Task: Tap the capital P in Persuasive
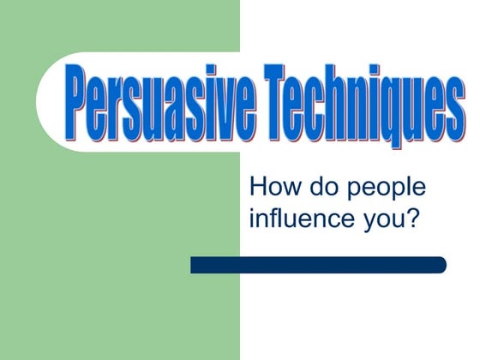78,103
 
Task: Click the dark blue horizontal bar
318,265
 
